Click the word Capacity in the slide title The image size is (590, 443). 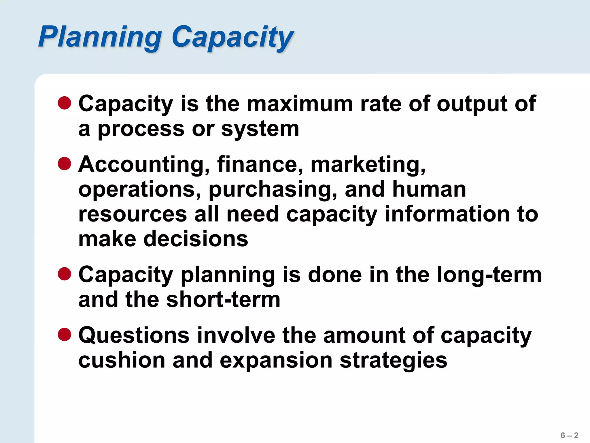(x=232, y=37)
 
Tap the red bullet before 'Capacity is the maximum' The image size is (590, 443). (x=65, y=103)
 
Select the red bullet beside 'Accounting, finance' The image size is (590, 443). (x=65, y=164)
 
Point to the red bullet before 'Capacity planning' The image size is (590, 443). (x=65, y=274)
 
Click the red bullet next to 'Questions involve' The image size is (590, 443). (x=65, y=335)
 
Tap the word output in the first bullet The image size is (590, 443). (x=472, y=104)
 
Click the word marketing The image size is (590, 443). (x=368, y=165)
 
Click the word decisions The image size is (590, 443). (x=196, y=239)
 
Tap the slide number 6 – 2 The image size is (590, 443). (x=569, y=435)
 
